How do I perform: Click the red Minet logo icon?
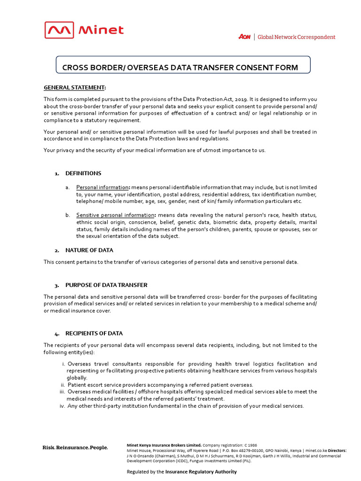[x=59, y=30]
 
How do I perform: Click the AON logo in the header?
[x=245, y=37]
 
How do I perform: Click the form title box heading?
[x=180, y=68]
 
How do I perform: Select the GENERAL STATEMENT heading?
[x=74, y=87]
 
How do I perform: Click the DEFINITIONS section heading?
[x=83, y=173]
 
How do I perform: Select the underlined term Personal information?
[x=102, y=187]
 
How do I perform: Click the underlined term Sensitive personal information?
[x=115, y=215]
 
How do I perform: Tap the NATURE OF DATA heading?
[x=89, y=250]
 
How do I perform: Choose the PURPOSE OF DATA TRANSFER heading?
[x=106, y=285]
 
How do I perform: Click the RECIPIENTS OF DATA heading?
[x=94, y=334]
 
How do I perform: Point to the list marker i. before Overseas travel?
[x=63, y=364]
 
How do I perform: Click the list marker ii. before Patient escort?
[x=63, y=385]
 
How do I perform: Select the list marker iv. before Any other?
[x=62, y=406]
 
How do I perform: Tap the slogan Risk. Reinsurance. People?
[x=75, y=448]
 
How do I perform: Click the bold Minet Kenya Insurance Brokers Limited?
[x=164, y=445]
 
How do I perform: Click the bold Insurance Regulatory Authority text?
[x=201, y=472]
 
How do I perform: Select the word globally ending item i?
[x=77, y=378]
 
